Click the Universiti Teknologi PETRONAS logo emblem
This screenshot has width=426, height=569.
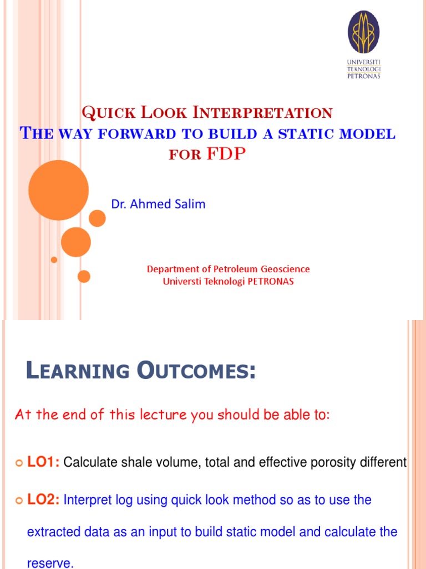tap(363, 32)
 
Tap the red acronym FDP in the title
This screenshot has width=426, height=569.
tap(225, 154)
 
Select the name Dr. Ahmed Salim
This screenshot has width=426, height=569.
tap(158, 204)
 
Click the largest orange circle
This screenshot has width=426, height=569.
tap(58, 190)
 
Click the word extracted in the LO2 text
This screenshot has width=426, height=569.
tap(51, 532)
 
